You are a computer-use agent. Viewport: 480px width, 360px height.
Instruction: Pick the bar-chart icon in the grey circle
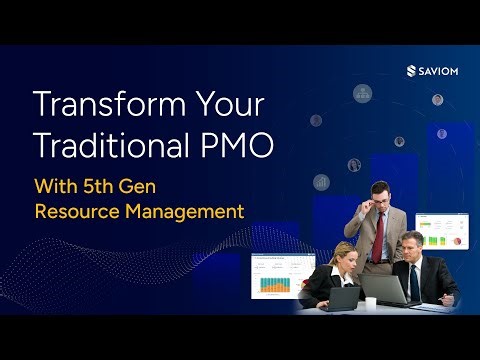coord(321,182)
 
